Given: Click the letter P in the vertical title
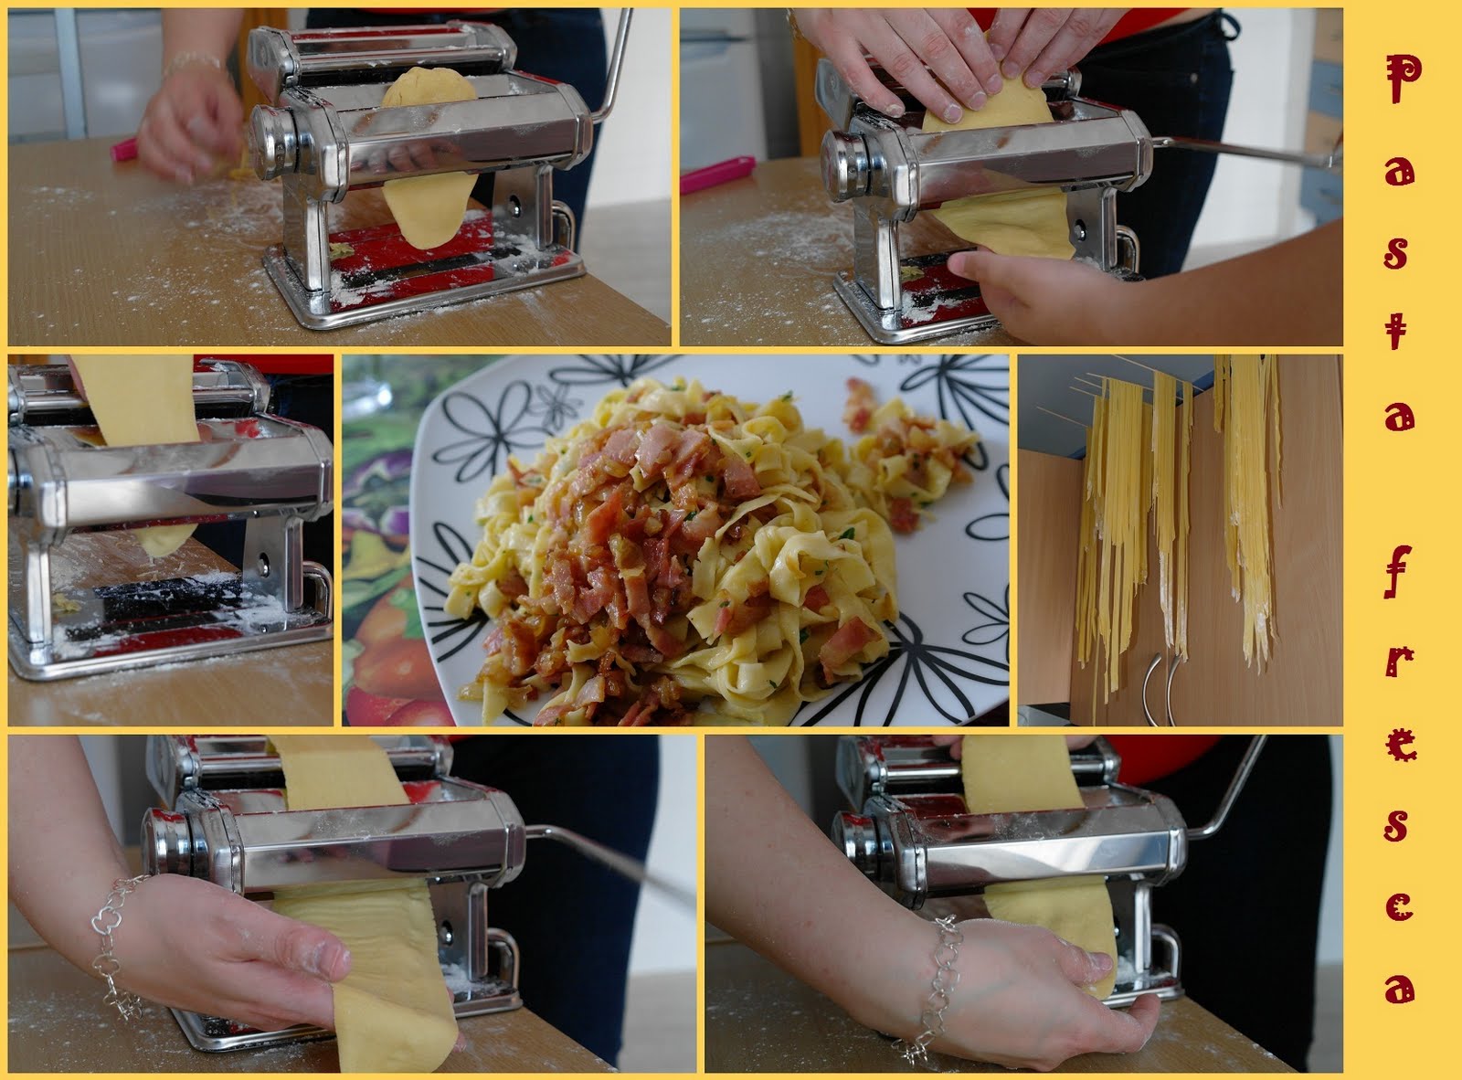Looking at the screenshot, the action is [x=1402, y=79].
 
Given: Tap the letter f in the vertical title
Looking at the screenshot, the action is [x=1397, y=572].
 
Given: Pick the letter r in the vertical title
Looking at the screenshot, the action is [x=1400, y=662].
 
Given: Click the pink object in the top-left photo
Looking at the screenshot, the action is [x=123, y=150].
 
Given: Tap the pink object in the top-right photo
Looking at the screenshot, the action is [x=717, y=175].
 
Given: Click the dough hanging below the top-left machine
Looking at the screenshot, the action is [x=429, y=208].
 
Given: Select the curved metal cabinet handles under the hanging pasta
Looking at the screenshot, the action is [x=1160, y=689].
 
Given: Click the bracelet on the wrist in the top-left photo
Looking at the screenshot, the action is [x=195, y=63].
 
